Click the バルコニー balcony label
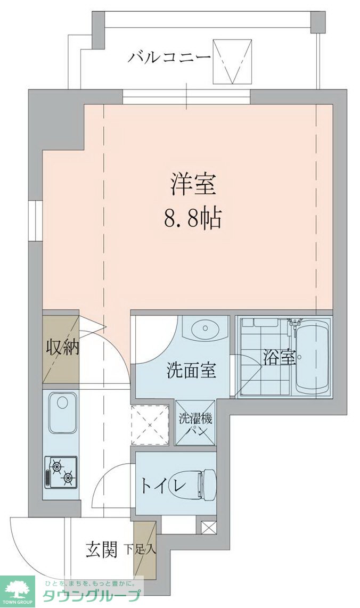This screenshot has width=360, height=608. pos(169,57)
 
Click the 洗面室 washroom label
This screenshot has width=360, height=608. pos(191,370)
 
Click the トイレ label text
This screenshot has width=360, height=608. pos(163,485)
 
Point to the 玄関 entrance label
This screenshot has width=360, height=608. pos(101,549)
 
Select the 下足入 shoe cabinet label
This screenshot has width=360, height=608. pos(140,549)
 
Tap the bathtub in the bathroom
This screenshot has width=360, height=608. pos(313,358)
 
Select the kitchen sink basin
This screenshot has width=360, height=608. pos(63,414)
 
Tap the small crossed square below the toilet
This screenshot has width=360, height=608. pos(209,528)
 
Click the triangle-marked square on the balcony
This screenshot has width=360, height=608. pos(231,61)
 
